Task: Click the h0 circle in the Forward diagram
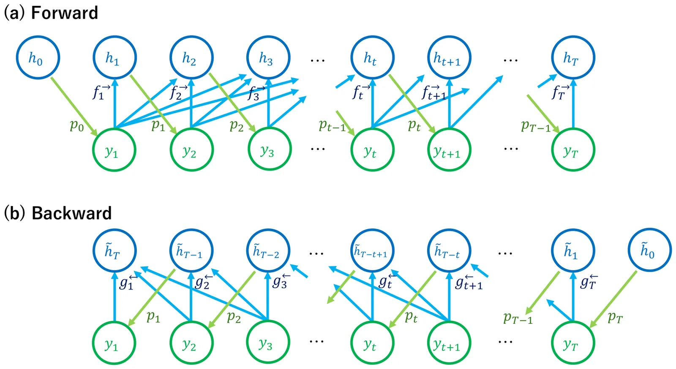38,57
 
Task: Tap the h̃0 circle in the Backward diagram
649,250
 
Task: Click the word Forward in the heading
64,13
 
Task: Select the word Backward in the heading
71,213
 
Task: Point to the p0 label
77,125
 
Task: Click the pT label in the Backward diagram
615,317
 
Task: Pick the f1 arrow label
101,92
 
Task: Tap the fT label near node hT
560,92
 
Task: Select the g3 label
280,281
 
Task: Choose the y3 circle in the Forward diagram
269,150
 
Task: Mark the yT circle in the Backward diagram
572,343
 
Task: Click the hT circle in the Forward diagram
572,57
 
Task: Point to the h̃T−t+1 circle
372,251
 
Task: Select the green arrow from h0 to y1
74,106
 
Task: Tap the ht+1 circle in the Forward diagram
449,57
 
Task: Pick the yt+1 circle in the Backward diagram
449,343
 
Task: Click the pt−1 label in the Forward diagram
332,125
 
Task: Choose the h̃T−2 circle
268,251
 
